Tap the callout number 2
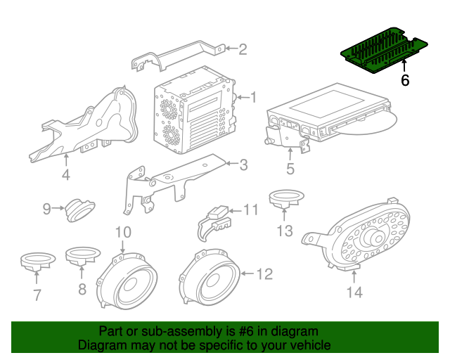[x=243, y=49]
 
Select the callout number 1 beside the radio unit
[x=253, y=97]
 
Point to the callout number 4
[x=66, y=174]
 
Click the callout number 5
[x=290, y=169]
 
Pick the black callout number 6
[x=405, y=80]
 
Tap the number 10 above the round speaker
[x=124, y=232]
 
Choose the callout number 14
[x=354, y=292]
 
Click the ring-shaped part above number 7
[x=38, y=261]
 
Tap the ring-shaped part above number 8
[x=83, y=255]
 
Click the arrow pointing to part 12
[x=247, y=274]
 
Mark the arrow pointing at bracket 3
[x=232, y=164]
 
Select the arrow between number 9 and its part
[x=58, y=208]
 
